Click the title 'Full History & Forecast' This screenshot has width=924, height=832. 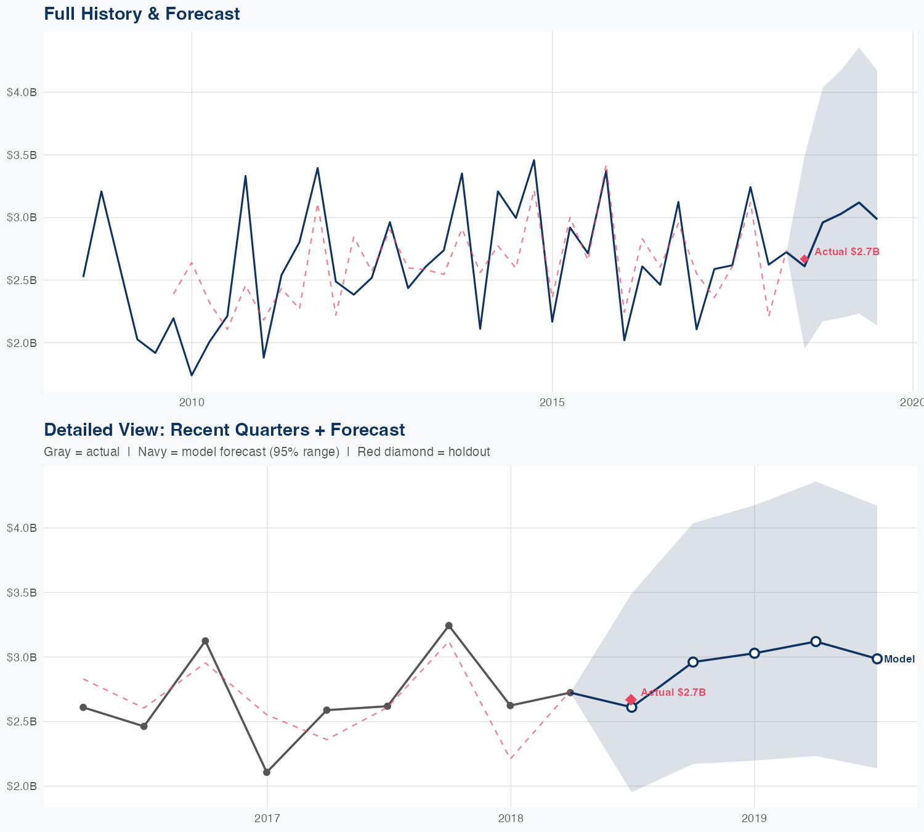pos(142,14)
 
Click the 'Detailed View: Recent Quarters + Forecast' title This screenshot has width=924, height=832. pos(224,430)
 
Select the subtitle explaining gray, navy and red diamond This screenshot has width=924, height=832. pos(267,452)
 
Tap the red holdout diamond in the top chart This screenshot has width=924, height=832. pos(804,259)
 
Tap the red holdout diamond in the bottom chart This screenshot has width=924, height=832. pos(631,699)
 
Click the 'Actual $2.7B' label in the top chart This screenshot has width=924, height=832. pos(846,252)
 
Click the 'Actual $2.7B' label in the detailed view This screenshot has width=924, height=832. pos(673,693)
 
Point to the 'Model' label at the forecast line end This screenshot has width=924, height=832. pos(899,659)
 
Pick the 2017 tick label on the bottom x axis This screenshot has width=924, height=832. pos(267,818)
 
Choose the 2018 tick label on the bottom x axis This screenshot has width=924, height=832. pos(511,818)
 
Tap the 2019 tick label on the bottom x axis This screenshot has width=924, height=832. pos(754,818)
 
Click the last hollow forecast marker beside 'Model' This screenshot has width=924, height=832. pos(877,659)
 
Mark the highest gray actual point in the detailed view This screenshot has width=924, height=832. pos(449,626)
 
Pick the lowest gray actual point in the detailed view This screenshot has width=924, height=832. pos(267,772)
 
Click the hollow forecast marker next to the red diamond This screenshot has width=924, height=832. pos(631,708)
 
